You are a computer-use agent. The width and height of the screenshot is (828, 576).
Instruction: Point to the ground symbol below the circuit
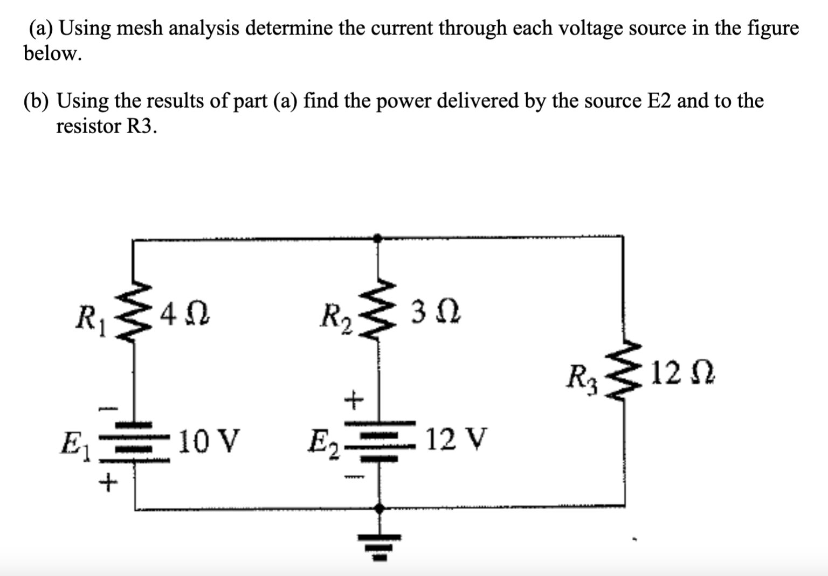pos(379,545)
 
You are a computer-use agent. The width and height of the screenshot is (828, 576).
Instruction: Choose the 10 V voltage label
pos(209,441)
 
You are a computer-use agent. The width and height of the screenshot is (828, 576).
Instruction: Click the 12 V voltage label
pos(457,440)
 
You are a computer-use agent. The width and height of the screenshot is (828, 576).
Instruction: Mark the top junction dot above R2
pos(378,237)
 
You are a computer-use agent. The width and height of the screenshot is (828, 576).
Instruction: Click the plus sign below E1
pos(108,481)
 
